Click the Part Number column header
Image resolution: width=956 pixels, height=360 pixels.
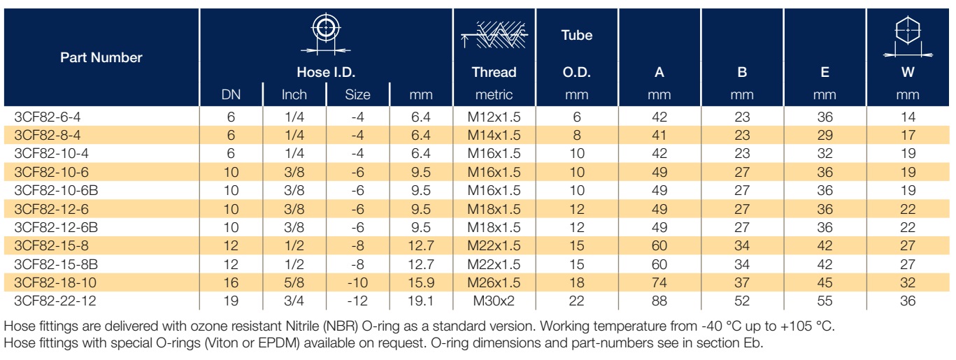click(x=101, y=57)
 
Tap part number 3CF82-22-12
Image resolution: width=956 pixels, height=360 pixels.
click(x=55, y=301)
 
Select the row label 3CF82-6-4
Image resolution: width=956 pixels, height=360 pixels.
click(x=48, y=117)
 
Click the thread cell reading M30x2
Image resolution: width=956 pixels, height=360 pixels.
click(x=494, y=301)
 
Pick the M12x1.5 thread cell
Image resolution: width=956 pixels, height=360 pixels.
click(x=494, y=117)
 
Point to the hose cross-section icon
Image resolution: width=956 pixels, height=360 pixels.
click(x=326, y=34)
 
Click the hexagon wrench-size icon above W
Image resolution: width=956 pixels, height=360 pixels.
click(x=908, y=36)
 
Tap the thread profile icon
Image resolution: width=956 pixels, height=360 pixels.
click(x=494, y=35)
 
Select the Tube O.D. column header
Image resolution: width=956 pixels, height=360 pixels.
click(x=576, y=53)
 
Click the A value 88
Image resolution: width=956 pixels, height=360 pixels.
click(x=659, y=301)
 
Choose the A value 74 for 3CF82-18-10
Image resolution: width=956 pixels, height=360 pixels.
click(x=659, y=282)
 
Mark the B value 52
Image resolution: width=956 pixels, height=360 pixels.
click(x=742, y=301)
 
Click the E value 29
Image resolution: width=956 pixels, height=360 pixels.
click(x=825, y=135)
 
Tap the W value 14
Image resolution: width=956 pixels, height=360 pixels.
click(x=908, y=117)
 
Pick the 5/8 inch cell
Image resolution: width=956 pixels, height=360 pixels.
click(x=294, y=282)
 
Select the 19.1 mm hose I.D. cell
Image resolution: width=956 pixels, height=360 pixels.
click(x=421, y=301)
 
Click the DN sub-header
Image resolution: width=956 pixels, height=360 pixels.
click(x=231, y=94)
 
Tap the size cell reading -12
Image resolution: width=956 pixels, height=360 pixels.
click(x=357, y=301)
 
